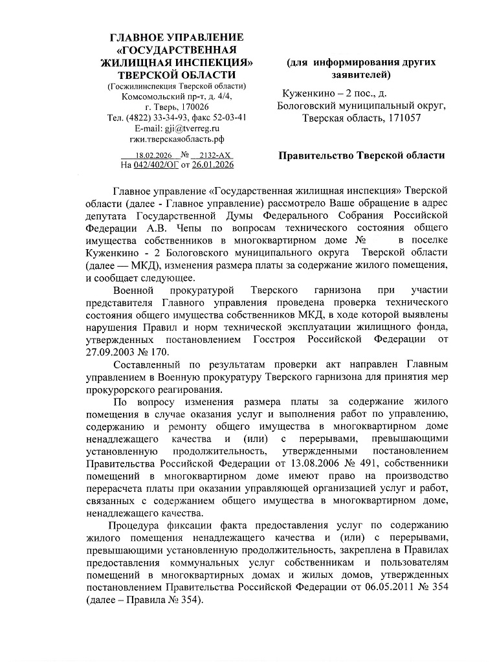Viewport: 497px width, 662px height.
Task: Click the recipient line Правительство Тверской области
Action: [x=362, y=156]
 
